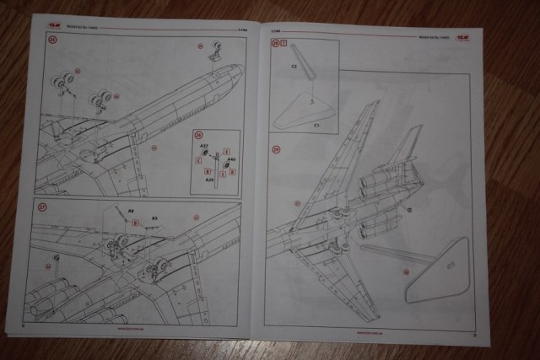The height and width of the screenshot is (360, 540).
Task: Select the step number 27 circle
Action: tap(41, 206)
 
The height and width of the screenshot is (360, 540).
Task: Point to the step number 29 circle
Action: tap(276, 150)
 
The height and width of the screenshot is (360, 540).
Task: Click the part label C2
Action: tap(293, 65)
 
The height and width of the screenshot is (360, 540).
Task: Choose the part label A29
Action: tap(208, 180)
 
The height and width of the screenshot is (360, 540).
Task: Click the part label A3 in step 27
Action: tap(154, 218)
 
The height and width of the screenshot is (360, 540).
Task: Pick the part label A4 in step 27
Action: tap(130, 210)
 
